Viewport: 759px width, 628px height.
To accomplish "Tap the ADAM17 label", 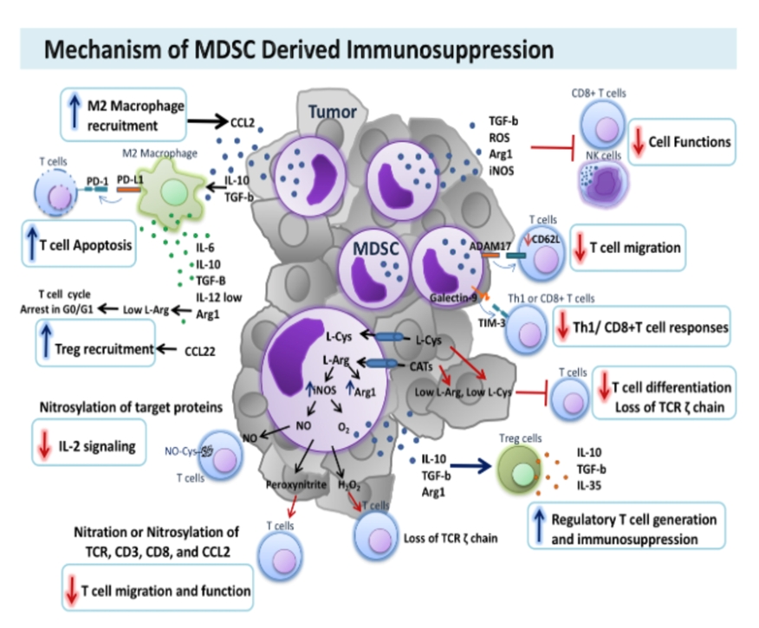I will (x=489, y=246).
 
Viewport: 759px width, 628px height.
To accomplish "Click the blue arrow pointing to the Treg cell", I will (x=460, y=466).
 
